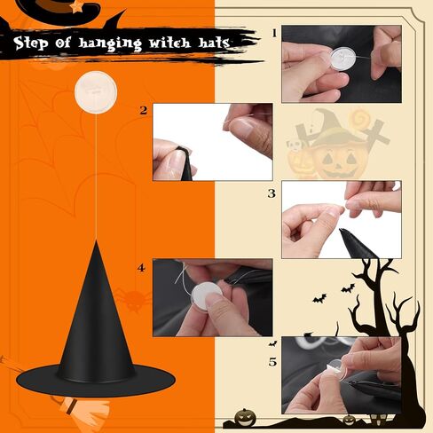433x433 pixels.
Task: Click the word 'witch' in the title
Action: tap(169, 43)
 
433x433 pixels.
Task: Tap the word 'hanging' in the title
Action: tap(110, 43)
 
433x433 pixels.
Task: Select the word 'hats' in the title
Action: tap(214, 43)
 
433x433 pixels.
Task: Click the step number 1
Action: tap(274, 33)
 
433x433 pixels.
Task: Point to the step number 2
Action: tap(144, 110)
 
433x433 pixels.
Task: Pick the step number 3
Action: tap(272, 193)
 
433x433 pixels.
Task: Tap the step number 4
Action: tap(141, 268)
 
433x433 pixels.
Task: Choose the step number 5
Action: tap(272, 362)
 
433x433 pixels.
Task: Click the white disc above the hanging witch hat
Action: tap(96, 92)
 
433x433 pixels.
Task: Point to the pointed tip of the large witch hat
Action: tap(96, 241)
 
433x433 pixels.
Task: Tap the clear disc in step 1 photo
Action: tap(342, 59)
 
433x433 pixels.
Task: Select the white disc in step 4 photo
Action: tap(207, 294)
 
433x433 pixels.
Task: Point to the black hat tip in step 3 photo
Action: tap(344, 232)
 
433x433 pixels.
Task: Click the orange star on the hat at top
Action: tap(77, 7)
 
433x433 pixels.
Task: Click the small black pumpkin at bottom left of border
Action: tap(245, 417)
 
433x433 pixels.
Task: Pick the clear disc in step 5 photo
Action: tap(336, 369)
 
